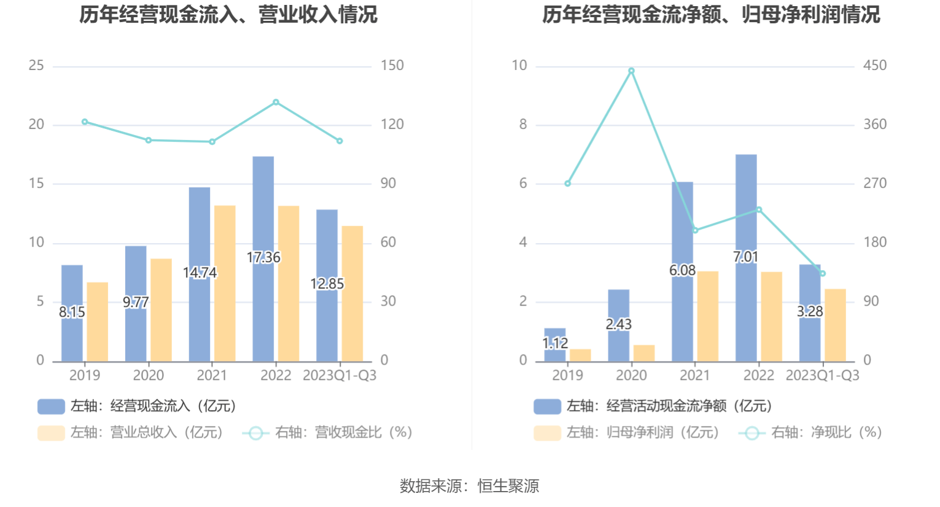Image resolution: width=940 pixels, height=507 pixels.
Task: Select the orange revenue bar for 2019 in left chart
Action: click(x=97, y=322)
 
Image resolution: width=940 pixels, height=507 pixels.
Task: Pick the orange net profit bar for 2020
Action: click(x=644, y=354)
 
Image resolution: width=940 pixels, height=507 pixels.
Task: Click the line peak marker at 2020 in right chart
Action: click(x=631, y=71)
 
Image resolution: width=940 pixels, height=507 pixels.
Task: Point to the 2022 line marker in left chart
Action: click(x=276, y=103)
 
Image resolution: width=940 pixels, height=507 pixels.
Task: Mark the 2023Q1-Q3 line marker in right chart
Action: click(x=823, y=274)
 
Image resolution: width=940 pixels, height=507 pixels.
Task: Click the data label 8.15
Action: click(x=72, y=312)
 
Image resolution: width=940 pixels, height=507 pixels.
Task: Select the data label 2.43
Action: click(x=618, y=324)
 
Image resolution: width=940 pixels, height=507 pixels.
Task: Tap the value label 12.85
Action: click(x=327, y=284)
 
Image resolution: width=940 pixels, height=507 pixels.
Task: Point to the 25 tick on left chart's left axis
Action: click(x=36, y=66)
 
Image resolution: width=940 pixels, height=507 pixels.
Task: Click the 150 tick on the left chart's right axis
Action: click(x=392, y=66)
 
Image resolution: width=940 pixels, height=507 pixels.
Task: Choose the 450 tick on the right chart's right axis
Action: click(x=875, y=66)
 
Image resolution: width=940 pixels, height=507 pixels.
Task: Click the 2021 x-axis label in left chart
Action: click(x=212, y=376)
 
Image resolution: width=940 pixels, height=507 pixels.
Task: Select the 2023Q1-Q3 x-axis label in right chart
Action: click(x=823, y=376)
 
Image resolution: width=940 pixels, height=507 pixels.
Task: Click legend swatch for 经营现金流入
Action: click(x=51, y=406)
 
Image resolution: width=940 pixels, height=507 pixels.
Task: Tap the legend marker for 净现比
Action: click(x=752, y=433)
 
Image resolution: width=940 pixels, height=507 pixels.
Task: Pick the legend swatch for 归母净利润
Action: click(x=547, y=433)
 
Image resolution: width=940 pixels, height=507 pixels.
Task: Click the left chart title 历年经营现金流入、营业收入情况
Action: click(x=228, y=15)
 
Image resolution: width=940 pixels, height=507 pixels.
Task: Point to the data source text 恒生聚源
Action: click(x=508, y=486)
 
